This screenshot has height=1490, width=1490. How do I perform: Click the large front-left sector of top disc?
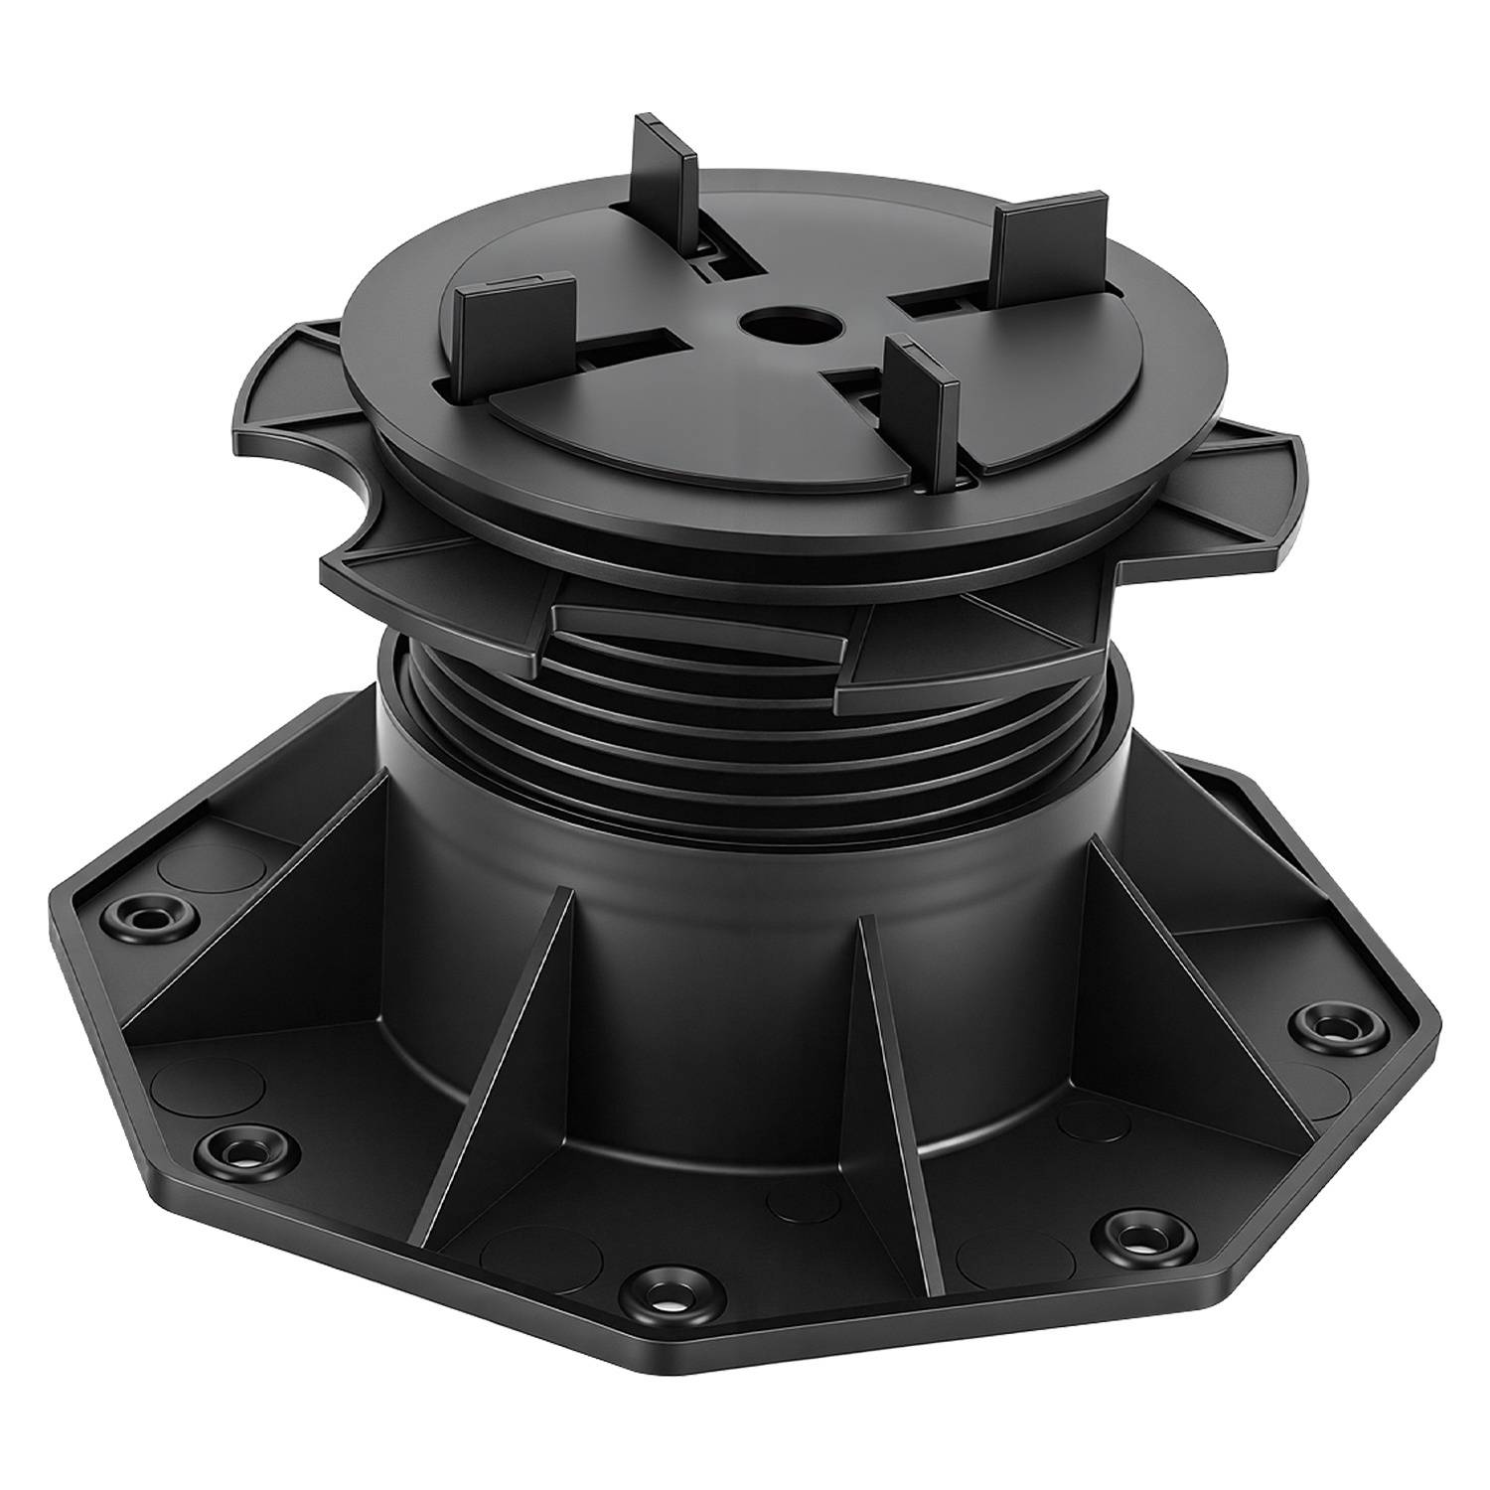tap(636, 417)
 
